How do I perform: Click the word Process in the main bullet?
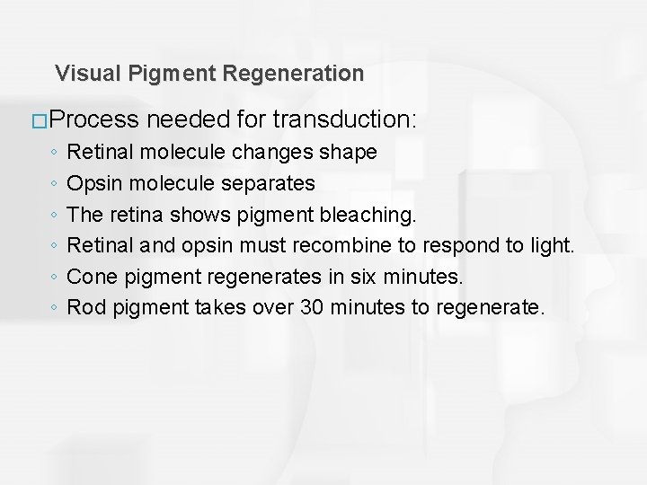coord(96,120)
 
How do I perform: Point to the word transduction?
coord(349,120)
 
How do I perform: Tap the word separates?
coord(269,183)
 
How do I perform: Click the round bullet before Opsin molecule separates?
coord(55,184)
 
